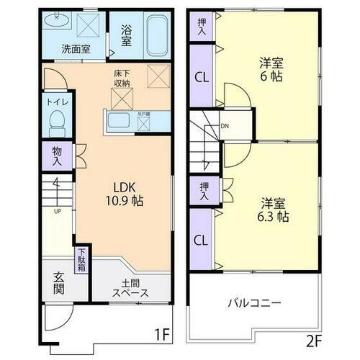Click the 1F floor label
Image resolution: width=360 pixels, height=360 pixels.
click(x=162, y=335)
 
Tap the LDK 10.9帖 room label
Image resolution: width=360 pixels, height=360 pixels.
click(x=126, y=195)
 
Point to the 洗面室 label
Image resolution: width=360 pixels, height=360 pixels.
click(x=75, y=50)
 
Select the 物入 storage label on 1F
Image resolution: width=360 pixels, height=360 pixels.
click(x=57, y=156)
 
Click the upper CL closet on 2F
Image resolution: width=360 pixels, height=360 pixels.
click(x=202, y=78)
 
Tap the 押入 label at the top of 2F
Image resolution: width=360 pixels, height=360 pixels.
click(x=202, y=27)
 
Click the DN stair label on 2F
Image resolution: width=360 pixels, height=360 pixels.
click(x=225, y=127)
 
